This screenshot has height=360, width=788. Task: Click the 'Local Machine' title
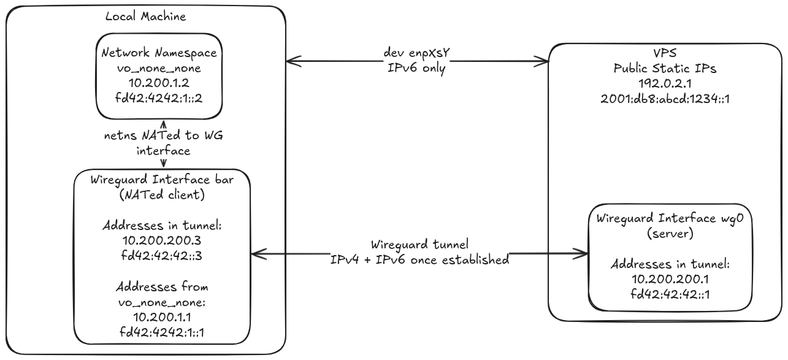pyautogui.click(x=145, y=17)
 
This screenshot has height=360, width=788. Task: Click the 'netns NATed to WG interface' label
pyautogui.click(x=163, y=143)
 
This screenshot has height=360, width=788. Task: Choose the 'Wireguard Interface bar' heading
pyautogui.click(x=163, y=181)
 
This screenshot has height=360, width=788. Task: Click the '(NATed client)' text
pyautogui.click(x=163, y=196)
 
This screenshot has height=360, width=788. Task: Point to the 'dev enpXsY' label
pyautogui.click(x=416, y=52)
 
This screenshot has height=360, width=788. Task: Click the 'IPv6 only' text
pyautogui.click(x=416, y=67)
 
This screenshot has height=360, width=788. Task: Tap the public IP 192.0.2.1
pyautogui.click(x=665, y=83)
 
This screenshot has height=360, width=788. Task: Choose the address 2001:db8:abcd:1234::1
pyautogui.click(x=665, y=98)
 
